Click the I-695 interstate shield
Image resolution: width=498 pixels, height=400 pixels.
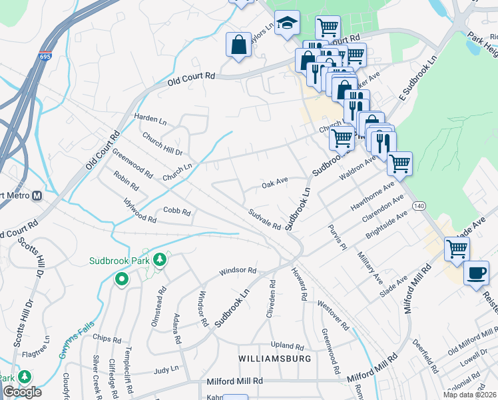(45, 58)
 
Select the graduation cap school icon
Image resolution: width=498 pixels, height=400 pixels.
(287, 23)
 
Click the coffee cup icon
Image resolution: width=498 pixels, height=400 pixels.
(477, 273)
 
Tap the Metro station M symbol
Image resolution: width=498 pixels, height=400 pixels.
(37, 196)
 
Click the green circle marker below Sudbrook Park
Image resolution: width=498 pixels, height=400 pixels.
(121, 279)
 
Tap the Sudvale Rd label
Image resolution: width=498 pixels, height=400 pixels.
(264, 219)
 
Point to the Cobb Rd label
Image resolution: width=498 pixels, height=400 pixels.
(177, 213)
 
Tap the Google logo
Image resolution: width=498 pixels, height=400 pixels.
(22, 392)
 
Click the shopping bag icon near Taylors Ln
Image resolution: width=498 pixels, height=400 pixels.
(238, 45)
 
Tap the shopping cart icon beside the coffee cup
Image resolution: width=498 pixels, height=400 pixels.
(457, 249)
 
